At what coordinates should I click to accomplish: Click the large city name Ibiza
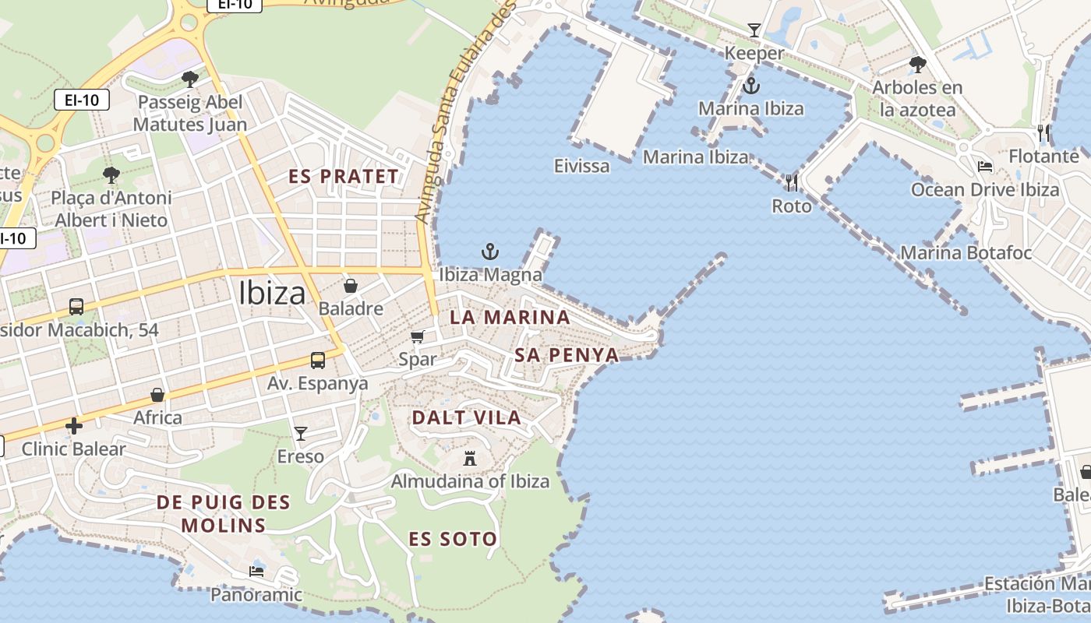tap(272, 293)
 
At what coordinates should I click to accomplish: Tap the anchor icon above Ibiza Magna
tap(490, 252)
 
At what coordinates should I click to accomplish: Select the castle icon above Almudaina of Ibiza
tap(470, 458)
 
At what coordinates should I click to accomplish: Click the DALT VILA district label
tap(466, 417)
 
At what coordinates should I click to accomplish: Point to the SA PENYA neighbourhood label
tap(567, 355)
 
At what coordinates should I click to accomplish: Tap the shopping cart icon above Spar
tap(418, 336)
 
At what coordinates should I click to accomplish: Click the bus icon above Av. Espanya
tap(318, 360)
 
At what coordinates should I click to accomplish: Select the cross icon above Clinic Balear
tap(74, 426)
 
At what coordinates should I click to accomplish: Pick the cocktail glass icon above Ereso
tap(301, 433)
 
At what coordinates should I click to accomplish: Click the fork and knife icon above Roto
tap(792, 183)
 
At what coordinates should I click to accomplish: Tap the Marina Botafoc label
tap(966, 253)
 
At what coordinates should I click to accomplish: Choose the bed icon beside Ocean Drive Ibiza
tap(985, 167)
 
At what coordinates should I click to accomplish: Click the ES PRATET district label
tap(344, 176)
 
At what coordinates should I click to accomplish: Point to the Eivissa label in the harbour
tap(581, 165)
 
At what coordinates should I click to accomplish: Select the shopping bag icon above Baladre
tap(351, 286)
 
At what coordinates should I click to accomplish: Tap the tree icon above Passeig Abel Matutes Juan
tap(189, 79)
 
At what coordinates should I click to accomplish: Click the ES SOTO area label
tap(453, 539)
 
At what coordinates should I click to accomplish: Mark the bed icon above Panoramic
tap(256, 572)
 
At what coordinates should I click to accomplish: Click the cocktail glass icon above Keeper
tap(754, 30)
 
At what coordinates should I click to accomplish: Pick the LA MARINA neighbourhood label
tap(510, 317)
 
